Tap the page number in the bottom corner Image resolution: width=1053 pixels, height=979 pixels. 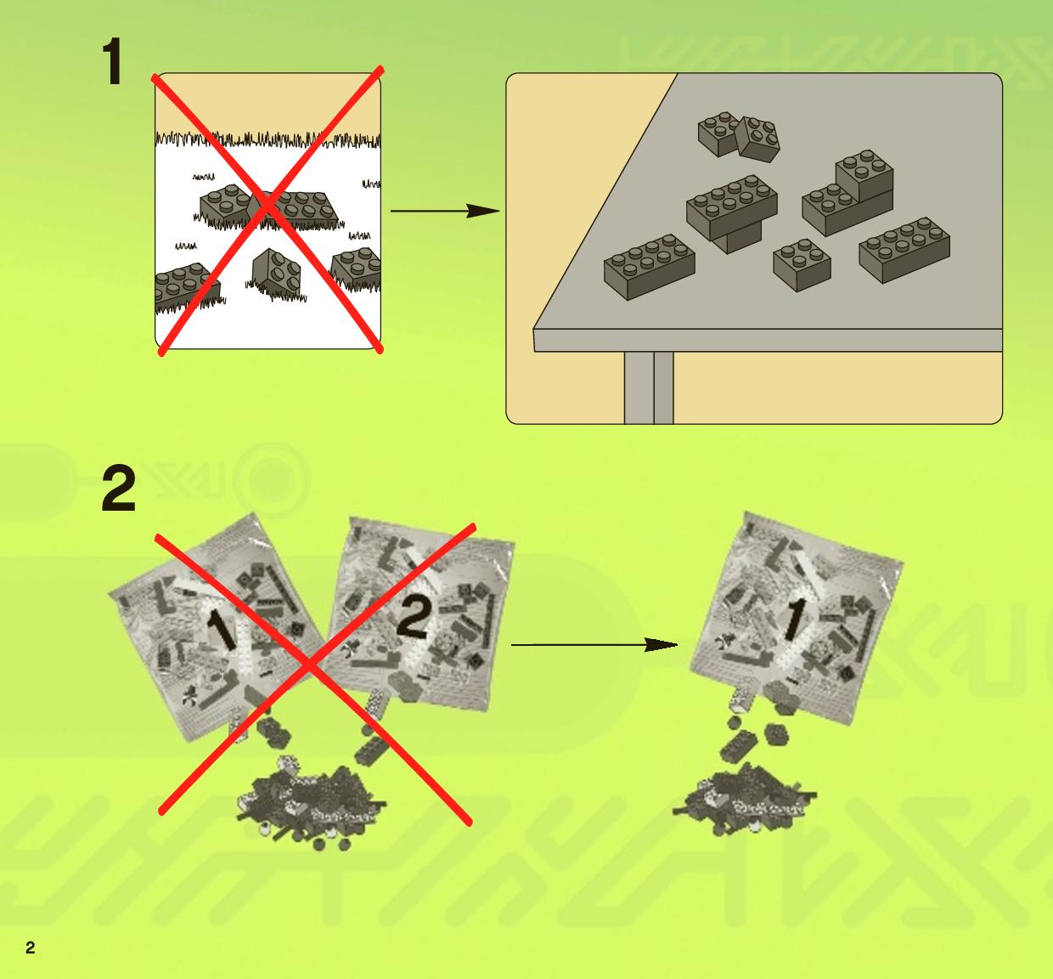(31, 948)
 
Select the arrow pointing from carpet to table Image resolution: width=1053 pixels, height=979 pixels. (445, 211)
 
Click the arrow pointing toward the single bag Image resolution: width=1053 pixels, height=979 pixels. (594, 645)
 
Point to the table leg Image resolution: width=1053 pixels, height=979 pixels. (649, 388)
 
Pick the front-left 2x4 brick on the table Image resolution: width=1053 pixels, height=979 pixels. (649, 267)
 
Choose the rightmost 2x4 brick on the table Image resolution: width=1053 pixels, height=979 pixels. (904, 249)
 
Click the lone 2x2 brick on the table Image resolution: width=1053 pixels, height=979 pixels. (802, 264)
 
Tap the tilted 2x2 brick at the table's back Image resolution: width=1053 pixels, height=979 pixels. (758, 139)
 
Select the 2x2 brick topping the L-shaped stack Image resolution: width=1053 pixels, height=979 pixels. (864, 175)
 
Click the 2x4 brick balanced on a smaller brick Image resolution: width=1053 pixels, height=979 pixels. (732, 207)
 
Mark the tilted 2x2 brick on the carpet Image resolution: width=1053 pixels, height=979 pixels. (276, 273)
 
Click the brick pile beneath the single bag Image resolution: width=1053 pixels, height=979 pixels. (745, 799)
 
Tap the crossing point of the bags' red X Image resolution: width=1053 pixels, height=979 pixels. (309, 665)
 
